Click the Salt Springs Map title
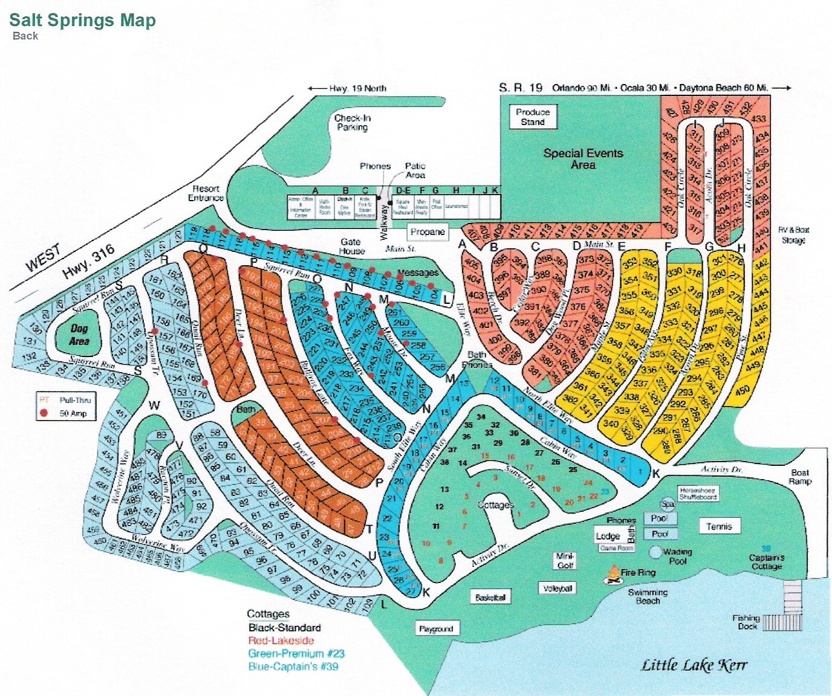tap(82, 20)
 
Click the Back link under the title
tap(25, 36)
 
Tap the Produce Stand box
tap(533, 117)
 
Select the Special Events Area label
tap(583, 159)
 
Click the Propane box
tap(427, 232)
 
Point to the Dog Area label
tap(79, 335)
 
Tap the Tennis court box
tap(719, 527)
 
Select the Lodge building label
tap(608, 536)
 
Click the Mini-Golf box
tap(565, 561)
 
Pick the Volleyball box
tap(557, 588)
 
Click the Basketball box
tap(490, 598)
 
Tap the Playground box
tap(436, 629)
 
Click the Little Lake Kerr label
tap(694, 665)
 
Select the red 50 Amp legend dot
tap(44, 413)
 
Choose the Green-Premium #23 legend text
tap(296, 654)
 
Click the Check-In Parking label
tap(353, 123)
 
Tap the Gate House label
tap(351, 246)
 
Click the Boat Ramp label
tap(799, 477)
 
